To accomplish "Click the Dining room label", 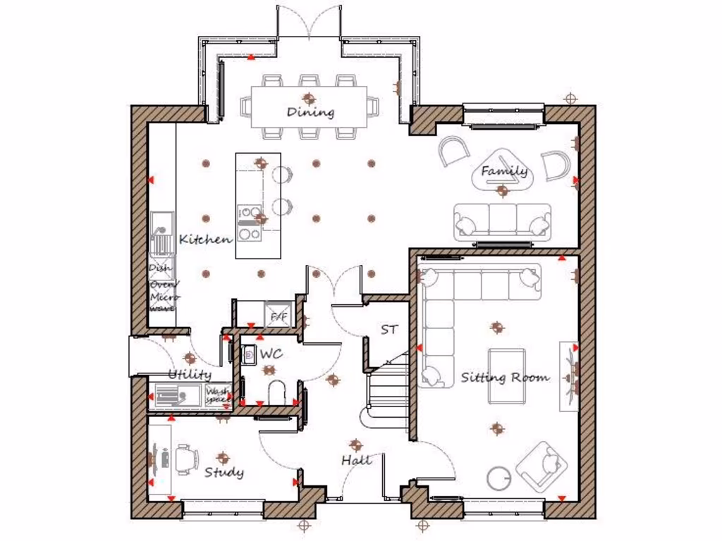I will [x=310, y=112].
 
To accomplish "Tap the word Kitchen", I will [x=205, y=240].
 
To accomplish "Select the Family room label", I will [x=504, y=170].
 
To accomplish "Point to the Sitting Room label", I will [x=505, y=378].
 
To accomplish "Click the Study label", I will [x=224, y=472].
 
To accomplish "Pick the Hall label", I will [x=357, y=460].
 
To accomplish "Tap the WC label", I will [x=271, y=354].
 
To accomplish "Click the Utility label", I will [x=189, y=374].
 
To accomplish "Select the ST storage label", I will [x=388, y=329].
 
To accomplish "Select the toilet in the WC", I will [x=277, y=394].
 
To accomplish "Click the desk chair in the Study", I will [x=186, y=459].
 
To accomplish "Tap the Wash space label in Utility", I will [x=217, y=394].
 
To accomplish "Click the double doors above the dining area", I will [x=308, y=21].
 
